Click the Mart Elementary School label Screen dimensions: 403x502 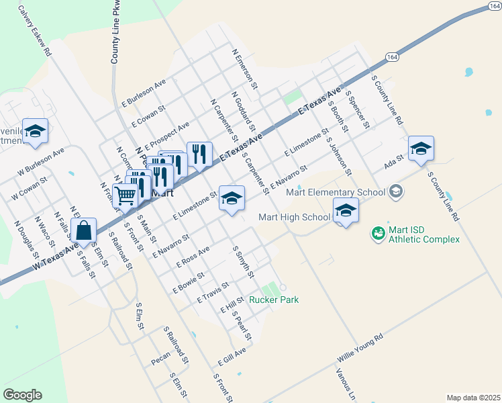coord(336,193)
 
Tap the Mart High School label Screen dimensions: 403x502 coord(295,217)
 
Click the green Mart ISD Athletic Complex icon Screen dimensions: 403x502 coord(378,233)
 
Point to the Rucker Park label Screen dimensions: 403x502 coord(274,300)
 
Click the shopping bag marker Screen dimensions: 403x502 coord(85,231)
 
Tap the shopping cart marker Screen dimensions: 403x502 coord(125,195)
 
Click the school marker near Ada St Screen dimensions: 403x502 coord(421,148)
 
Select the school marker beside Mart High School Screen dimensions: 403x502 coord(346,211)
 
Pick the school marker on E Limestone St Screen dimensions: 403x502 coord(232,198)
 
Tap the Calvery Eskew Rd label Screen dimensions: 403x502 coord(36,30)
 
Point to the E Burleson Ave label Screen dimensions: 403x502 coord(143,94)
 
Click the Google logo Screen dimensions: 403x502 coord(22,395)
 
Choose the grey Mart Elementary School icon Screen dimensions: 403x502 coord(396,192)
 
